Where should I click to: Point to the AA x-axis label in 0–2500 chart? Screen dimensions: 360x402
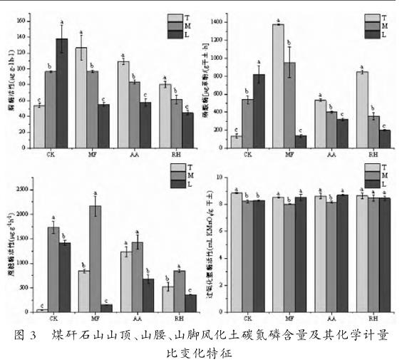135,318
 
